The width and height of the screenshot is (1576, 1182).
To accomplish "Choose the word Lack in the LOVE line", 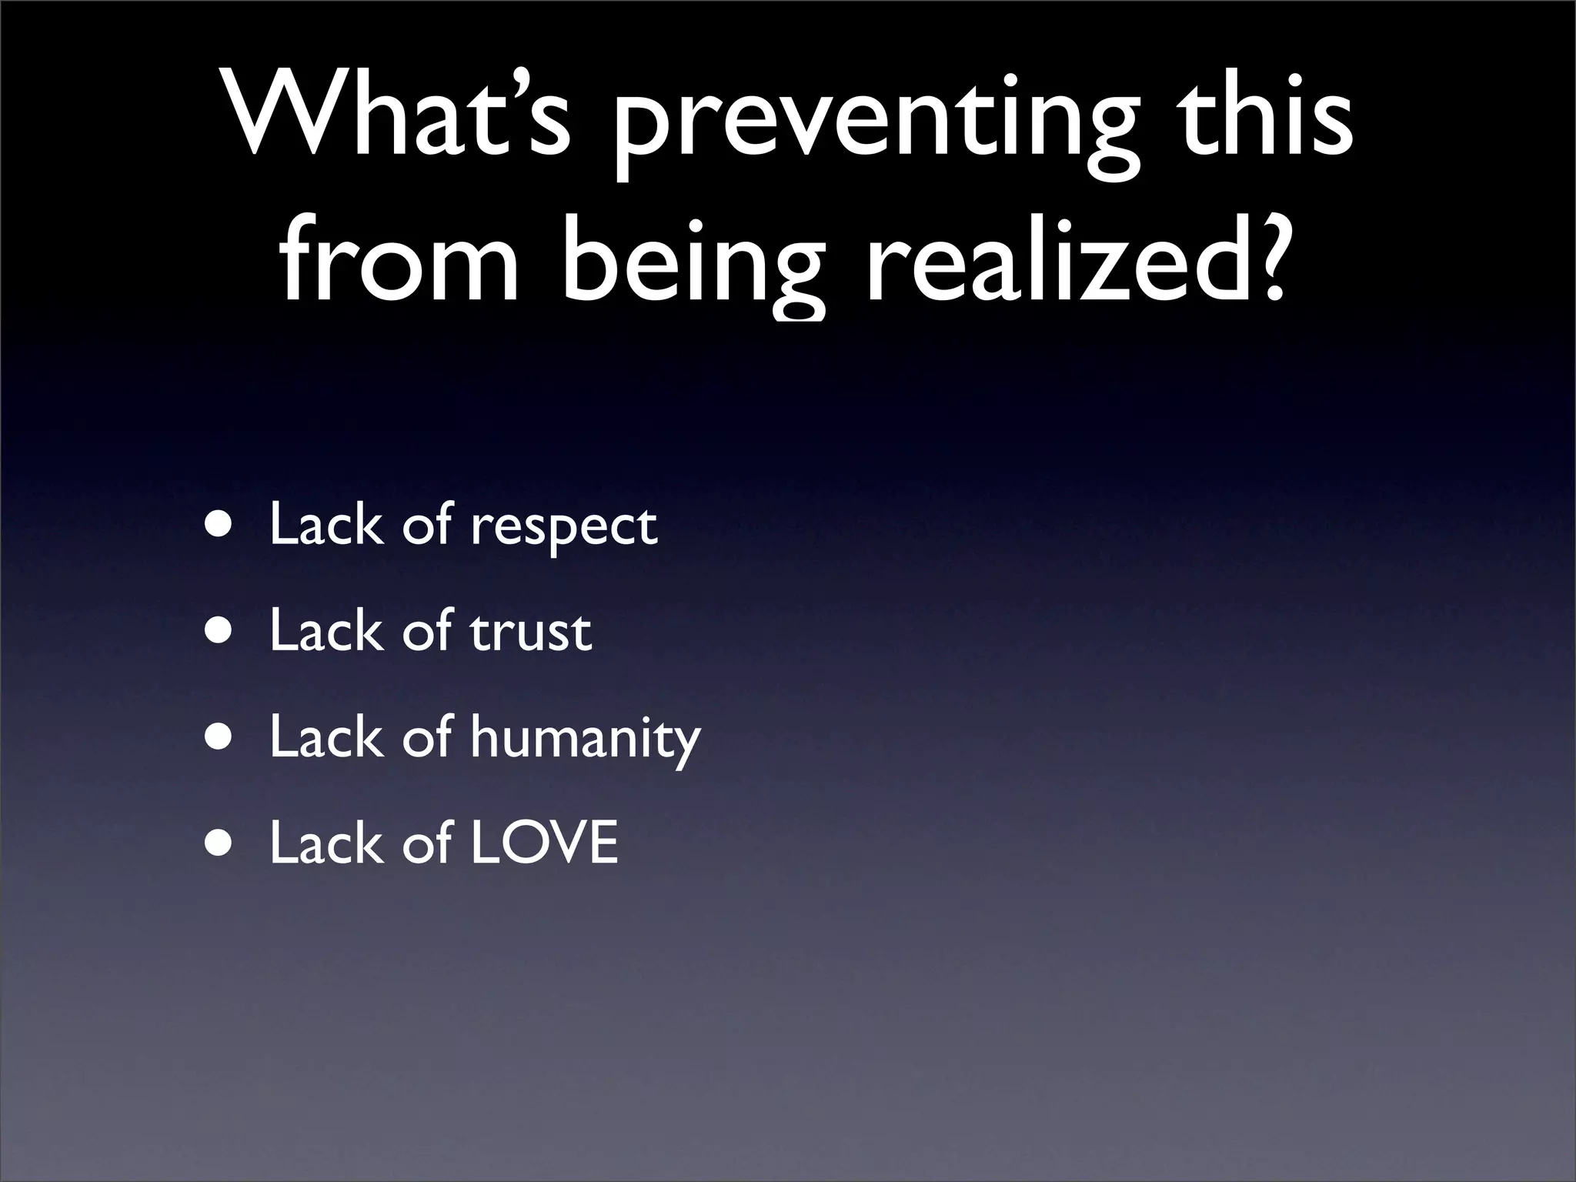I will click(x=326, y=843).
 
